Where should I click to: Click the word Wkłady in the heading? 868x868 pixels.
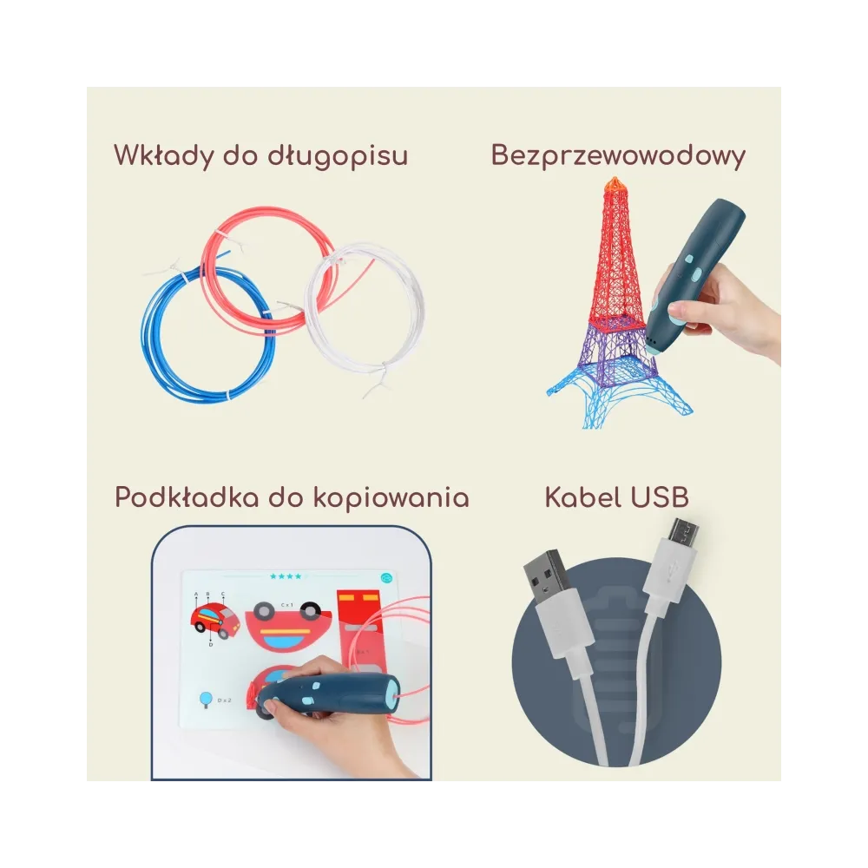click(x=161, y=156)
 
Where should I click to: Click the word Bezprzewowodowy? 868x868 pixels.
click(x=618, y=155)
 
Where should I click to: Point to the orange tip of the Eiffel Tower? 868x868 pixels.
click(x=615, y=183)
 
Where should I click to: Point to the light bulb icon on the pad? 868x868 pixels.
click(x=207, y=697)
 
